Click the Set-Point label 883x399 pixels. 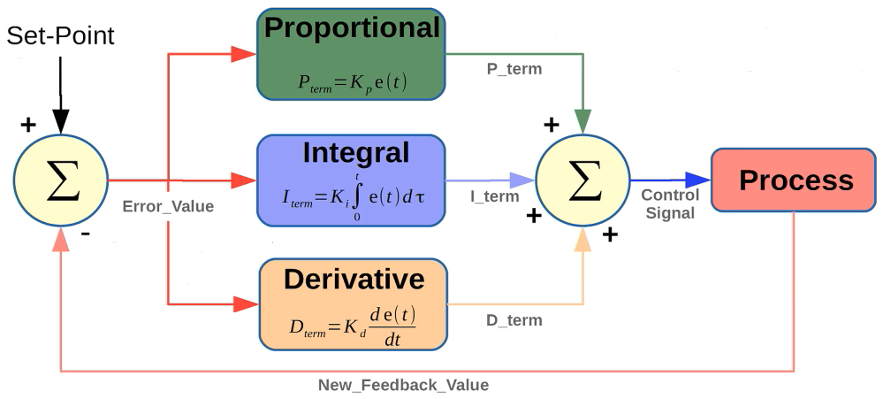[x=60, y=35]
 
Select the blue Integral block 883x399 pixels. [x=351, y=180]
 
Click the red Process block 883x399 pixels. [x=795, y=180]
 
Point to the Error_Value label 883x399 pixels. [x=168, y=207]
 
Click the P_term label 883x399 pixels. [x=514, y=68]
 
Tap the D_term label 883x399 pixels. [x=514, y=319]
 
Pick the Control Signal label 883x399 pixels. [x=669, y=203]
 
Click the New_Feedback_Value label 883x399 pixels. [x=403, y=385]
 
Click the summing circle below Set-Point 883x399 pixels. [x=60, y=180]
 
